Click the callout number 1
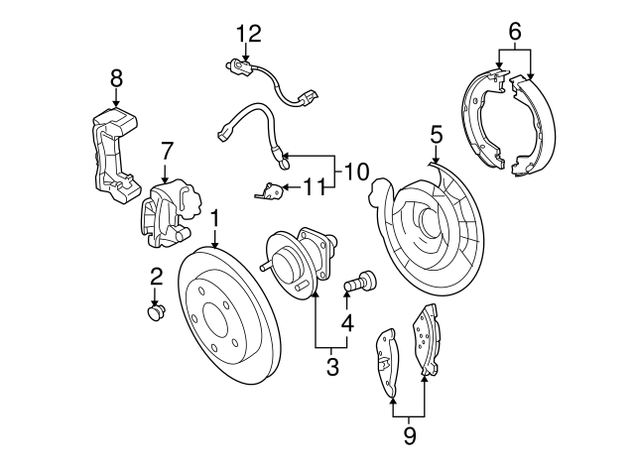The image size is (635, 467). pos(213,217)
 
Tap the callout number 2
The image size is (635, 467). pos(156,276)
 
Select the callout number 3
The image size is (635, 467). pos(332,368)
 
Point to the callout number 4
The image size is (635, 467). pos(346,322)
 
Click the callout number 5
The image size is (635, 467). pos(436,133)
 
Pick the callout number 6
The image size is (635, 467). pos(515,32)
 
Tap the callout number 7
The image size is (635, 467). pos(167,151)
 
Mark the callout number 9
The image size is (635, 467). pos(409,434)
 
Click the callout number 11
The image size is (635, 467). pos(314,184)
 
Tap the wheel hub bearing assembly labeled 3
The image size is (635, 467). pos(298,260)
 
